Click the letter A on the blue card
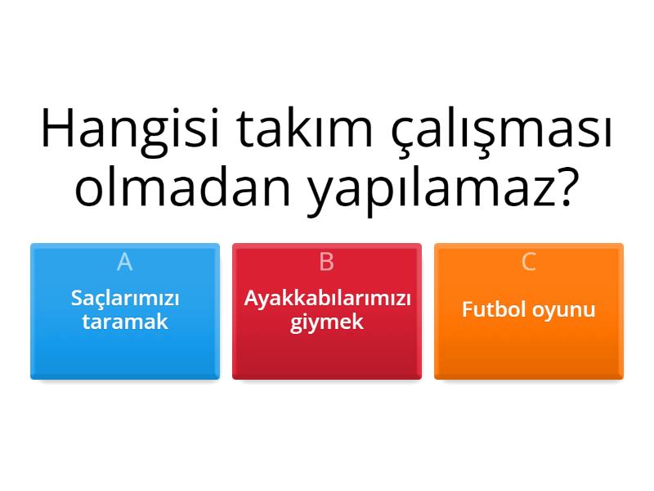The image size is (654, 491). point(124,262)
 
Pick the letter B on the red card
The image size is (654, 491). point(327,262)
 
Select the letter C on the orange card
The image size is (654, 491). point(529,262)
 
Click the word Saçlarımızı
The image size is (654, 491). point(124,299)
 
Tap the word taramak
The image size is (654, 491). point(124,321)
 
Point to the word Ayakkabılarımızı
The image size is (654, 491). point(327,299)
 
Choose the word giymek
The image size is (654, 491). point(327,322)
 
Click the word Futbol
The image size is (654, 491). point(490,310)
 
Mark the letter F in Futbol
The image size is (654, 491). point(467,310)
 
